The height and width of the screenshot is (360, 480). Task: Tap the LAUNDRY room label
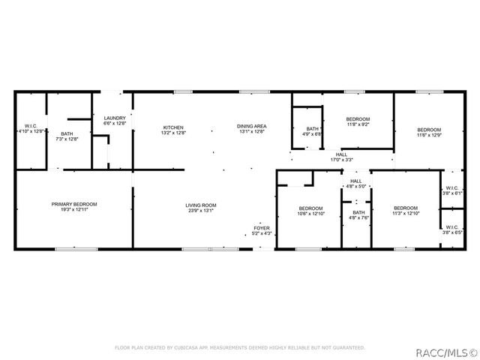click(x=115, y=118)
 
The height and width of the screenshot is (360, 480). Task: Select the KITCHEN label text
click(x=174, y=127)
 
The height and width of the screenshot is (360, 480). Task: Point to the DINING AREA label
click(x=252, y=127)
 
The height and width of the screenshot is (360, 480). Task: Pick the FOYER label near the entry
click(x=261, y=227)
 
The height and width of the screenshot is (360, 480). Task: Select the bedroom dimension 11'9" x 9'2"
click(x=357, y=125)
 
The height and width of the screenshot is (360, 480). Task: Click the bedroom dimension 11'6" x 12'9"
click(x=429, y=136)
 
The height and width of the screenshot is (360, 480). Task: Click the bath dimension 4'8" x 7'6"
click(x=358, y=218)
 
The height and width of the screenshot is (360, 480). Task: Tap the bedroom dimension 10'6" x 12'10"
click(x=310, y=214)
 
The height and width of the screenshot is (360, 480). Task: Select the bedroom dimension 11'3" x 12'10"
click(x=406, y=214)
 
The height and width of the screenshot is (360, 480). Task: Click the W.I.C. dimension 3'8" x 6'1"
click(x=452, y=193)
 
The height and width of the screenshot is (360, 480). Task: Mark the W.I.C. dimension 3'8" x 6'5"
click(x=452, y=232)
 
